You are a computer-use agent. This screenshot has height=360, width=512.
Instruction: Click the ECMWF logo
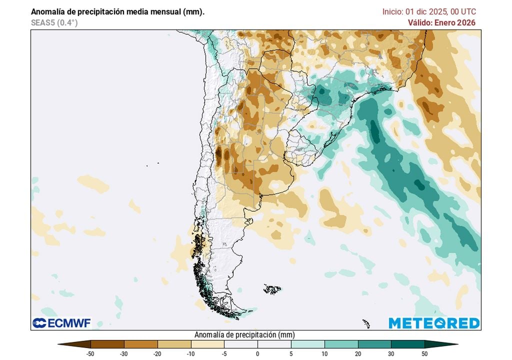point(61,323)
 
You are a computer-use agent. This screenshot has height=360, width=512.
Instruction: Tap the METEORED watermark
point(434,323)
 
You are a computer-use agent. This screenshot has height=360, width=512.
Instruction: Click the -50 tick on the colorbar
point(90,353)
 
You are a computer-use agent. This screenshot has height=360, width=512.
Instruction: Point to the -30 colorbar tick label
point(123,353)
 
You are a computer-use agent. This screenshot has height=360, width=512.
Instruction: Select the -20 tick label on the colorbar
point(157,353)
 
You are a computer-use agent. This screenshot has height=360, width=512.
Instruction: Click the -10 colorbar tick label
point(190,353)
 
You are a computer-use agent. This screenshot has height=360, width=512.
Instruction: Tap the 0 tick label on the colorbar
point(257,353)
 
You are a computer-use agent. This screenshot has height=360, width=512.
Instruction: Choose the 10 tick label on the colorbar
point(324,353)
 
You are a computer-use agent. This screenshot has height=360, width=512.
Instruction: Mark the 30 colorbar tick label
point(391,353)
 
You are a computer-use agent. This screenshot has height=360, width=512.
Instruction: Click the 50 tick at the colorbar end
point(424,353)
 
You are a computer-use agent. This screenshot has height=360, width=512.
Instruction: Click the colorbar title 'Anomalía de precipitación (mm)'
point(244,334)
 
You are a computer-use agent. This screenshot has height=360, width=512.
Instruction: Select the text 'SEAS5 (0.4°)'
point(54,22)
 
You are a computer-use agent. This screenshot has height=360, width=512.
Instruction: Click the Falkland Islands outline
point(272,289)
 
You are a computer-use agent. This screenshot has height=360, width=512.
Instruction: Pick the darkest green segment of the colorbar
point(407,344)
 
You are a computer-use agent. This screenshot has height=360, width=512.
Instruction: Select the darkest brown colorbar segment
point(107,344)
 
